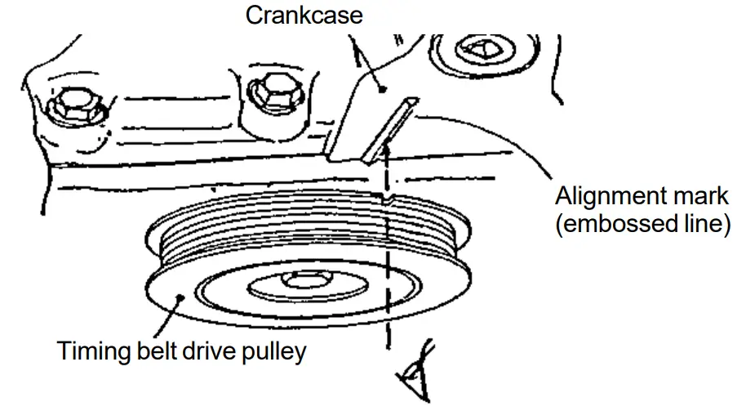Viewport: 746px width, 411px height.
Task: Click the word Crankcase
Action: [x=304, y=15]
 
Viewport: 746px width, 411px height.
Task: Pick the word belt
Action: [x=158, y=351]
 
